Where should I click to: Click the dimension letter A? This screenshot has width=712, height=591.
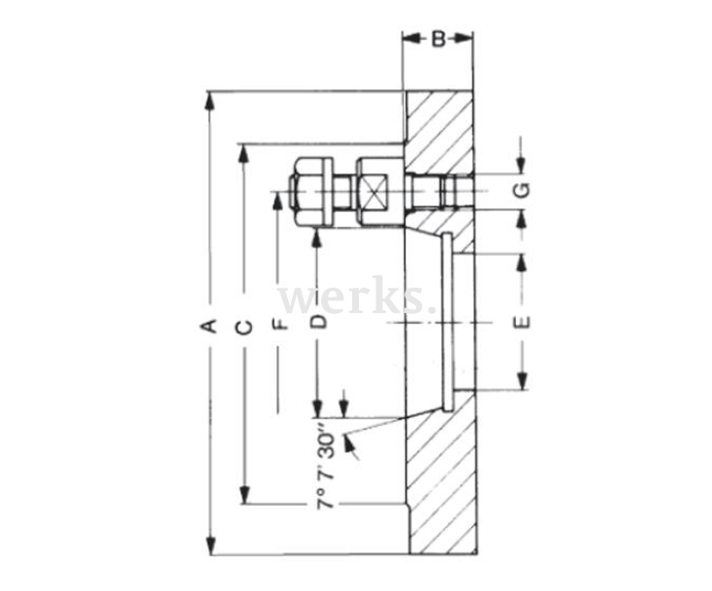point(207,326)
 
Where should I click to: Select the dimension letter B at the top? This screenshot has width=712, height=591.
point(438,40)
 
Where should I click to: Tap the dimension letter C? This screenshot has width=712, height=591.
point(244,326)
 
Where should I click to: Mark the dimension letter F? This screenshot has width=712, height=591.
point(279,324)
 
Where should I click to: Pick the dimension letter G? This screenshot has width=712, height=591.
point(521,190)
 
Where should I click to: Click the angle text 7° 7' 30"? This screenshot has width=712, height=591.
point(326,465)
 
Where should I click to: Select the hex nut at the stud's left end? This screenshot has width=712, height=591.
point(310,191)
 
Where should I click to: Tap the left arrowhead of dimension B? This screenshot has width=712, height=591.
point(411,39)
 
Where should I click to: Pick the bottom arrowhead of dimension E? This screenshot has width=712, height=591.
point(521,382)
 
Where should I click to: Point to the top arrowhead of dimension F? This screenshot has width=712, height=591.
point(279,201)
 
